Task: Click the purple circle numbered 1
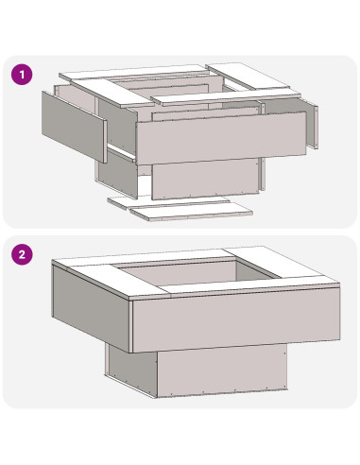22,75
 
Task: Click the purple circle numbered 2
22,254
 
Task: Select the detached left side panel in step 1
74,127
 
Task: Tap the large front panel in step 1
221,138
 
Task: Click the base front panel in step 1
205,179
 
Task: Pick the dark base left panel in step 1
117,173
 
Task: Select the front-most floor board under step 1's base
192,211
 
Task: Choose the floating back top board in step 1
135,73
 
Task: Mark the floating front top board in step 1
226,96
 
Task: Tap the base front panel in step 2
222,370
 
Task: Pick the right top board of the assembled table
282,263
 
